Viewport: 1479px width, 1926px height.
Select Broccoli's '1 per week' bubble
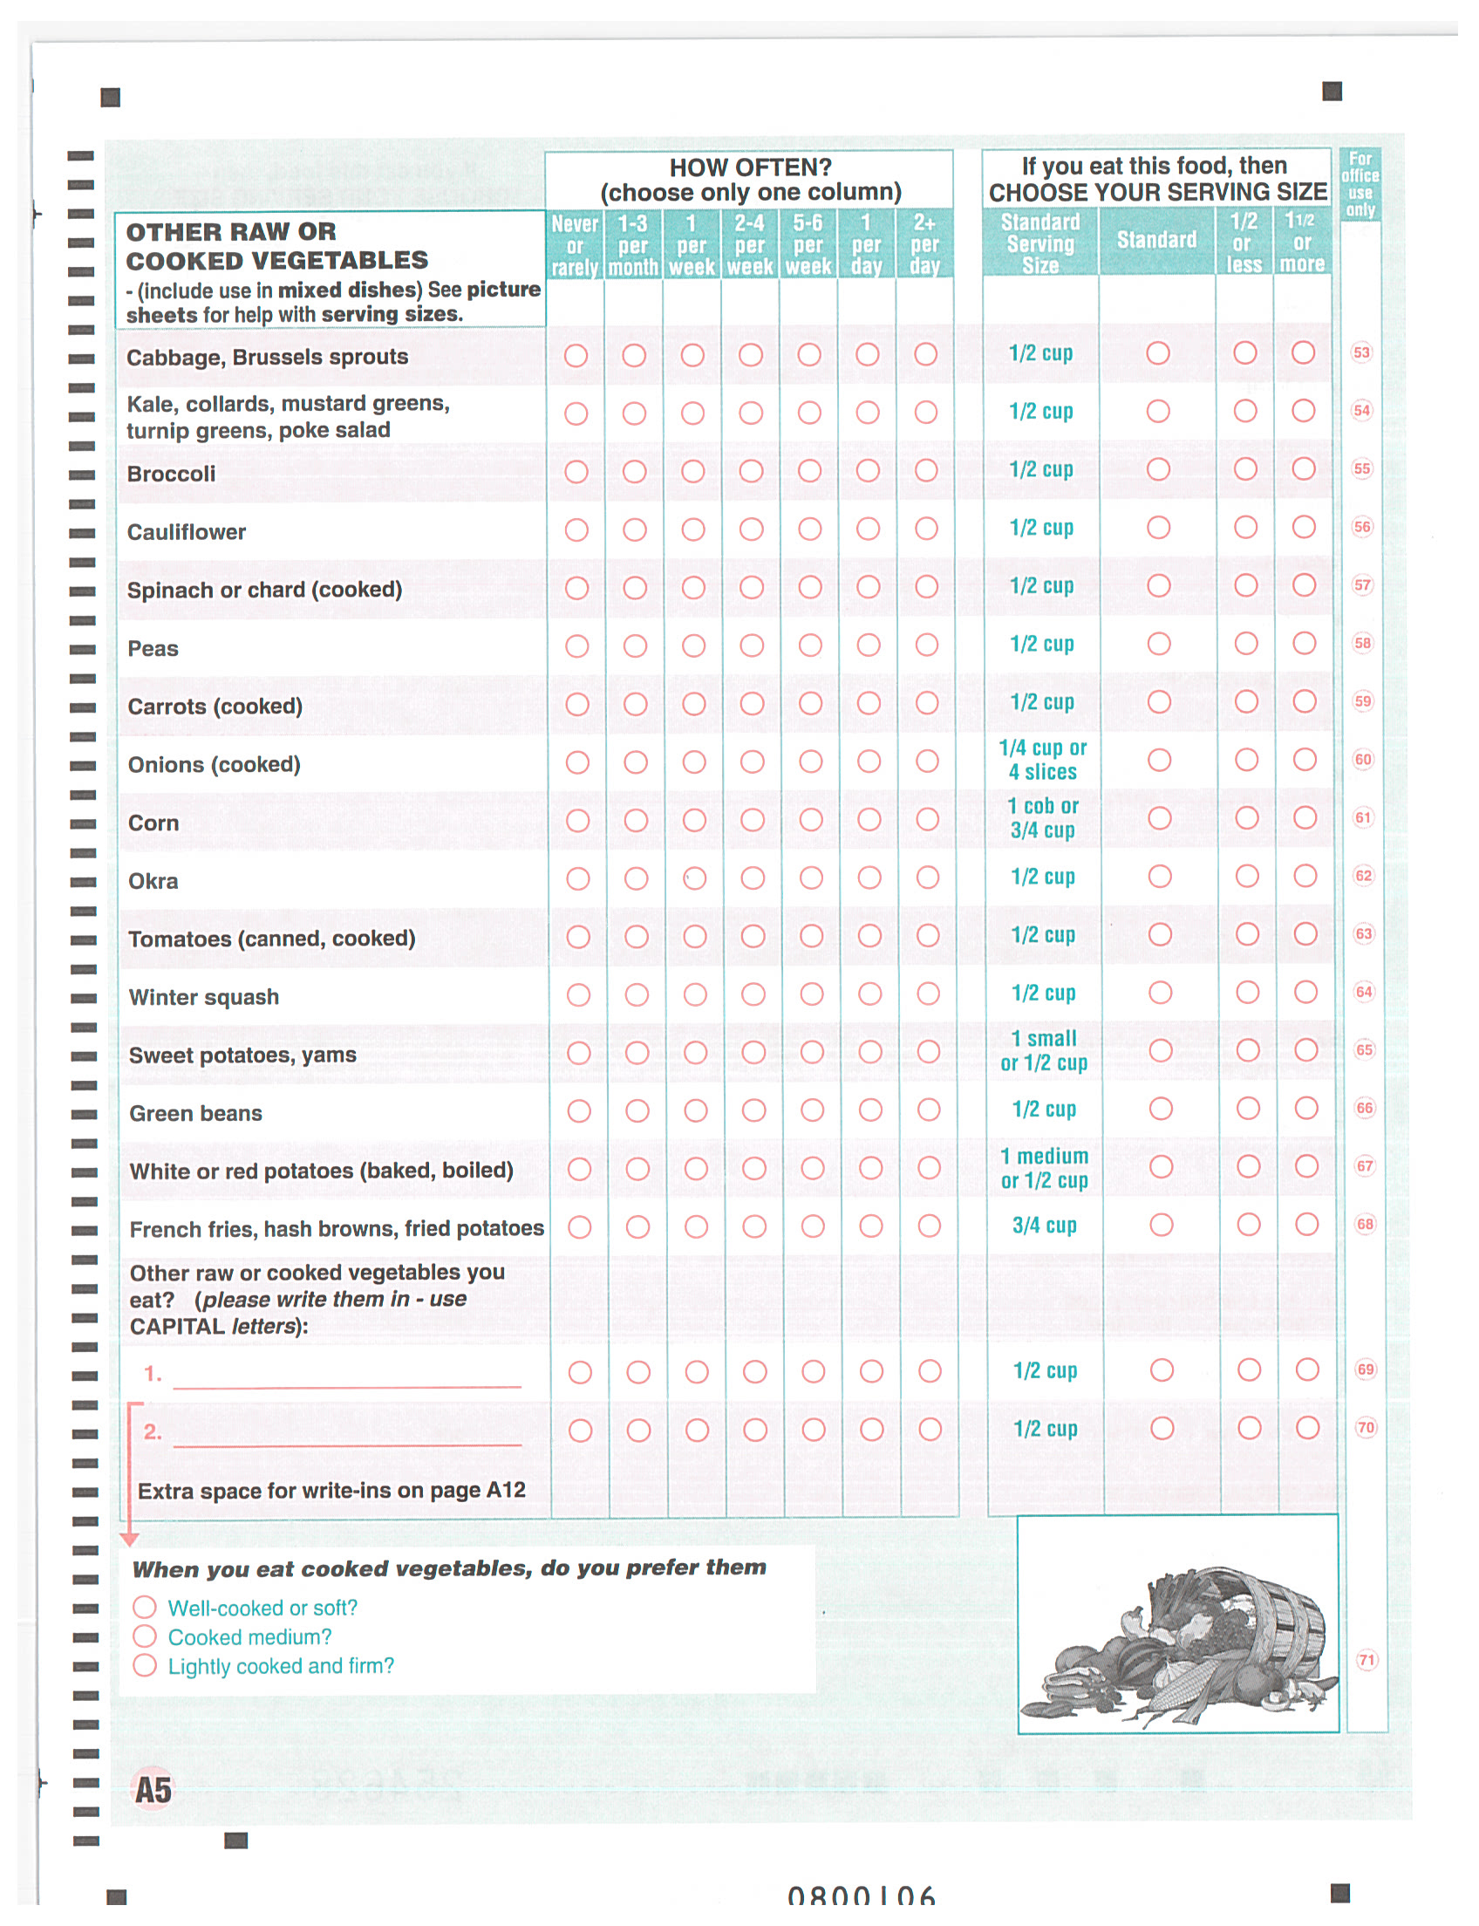click(x=692, y=471)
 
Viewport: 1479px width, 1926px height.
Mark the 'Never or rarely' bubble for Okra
click(x=577, y=878)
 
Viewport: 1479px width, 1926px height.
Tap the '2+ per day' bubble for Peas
click(x=926, y=645)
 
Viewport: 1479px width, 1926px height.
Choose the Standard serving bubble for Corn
click(x=1160, y=818)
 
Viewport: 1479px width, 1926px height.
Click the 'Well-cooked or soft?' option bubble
click(x=145, y=1608)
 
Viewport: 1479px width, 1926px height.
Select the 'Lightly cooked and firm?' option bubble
click(x=145, y=1665)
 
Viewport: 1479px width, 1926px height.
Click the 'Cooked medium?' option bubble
click(x=145, y=1636)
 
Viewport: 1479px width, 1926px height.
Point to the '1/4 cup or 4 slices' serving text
click(x=1042, y=759)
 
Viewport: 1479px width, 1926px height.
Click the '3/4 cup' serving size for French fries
click(x=1044, y=1225)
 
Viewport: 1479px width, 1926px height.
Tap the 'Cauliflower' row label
click(x=187, y=532)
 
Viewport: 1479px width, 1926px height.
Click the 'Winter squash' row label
click(x=204, y=997)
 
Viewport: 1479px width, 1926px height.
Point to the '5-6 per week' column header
click(x=808, y=244)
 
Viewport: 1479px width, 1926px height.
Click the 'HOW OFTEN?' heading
click(x=750, y=167)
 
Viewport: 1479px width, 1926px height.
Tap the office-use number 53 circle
click(x=1361, y=353)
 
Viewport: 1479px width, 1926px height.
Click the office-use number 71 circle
click(x=1366, y=1660)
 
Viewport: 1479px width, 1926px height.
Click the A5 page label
click(x=153, y=1791)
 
